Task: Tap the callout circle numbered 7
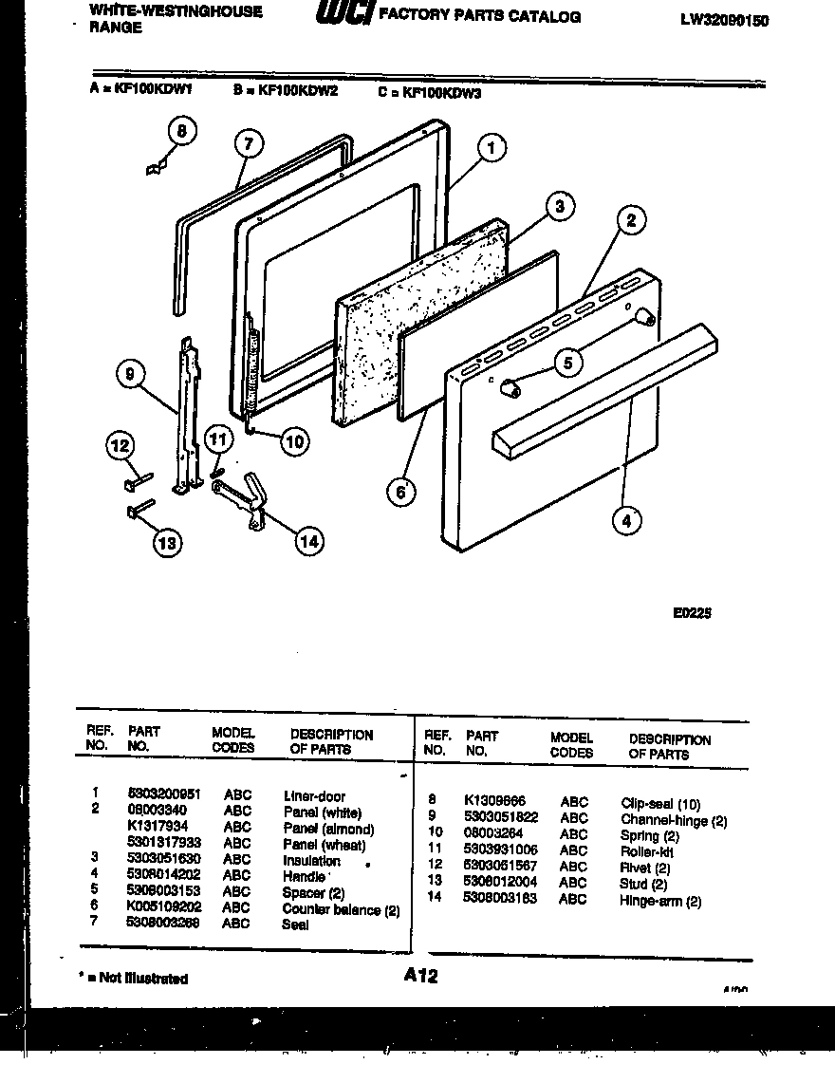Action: coord(248,143)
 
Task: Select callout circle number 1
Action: coord(491,148)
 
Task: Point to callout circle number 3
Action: coord(560,206)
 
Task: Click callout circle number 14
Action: coord(307,541)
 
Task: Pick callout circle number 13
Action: coord(167,543)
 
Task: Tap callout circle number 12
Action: coord(120,445)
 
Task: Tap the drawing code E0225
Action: coord(692,613)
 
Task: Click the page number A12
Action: coord(419,975)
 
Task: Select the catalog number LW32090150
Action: coord(724,21)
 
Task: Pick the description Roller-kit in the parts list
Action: coord(647,851)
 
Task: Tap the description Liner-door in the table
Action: coord(314,795)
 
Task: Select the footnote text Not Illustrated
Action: coord(142,979)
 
